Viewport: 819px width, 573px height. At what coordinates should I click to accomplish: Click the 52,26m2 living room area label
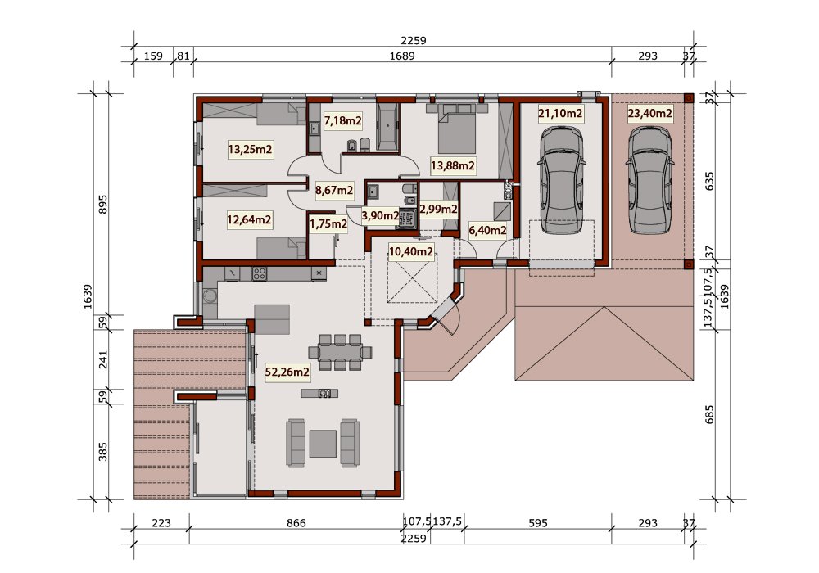pos(287,372)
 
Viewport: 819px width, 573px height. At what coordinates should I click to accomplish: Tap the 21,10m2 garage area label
pos(560,113)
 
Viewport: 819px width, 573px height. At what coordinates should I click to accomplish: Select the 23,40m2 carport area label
pos(649,113)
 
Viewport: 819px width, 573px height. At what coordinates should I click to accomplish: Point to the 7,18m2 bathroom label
pos(342,121)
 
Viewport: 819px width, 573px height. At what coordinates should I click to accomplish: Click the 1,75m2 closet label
pos(328,223)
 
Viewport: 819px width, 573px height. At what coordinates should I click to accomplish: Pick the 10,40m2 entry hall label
pos(411,252)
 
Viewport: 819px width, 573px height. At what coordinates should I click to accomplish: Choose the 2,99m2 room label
pos(439,210)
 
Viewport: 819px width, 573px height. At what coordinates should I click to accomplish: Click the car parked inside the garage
pos(561,181)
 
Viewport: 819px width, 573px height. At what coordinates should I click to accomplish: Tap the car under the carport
pos(649,179)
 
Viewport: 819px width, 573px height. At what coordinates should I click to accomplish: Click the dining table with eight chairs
pos(340,352)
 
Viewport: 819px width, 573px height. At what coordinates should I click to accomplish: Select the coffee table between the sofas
pos(322,443)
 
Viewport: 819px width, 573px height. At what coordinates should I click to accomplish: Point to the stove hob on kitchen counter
pos(259,273)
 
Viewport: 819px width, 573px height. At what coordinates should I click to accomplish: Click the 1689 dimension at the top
pos(401,56)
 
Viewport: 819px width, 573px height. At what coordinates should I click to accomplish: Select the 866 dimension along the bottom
pos(296,523)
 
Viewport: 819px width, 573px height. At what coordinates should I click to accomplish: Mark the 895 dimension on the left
pos(102,204)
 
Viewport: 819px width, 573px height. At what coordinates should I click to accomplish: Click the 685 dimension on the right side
pos(708,414)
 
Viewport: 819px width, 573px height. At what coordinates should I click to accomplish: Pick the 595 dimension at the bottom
pos(537,523)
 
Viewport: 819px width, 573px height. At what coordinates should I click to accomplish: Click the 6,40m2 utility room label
pos(488,230)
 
